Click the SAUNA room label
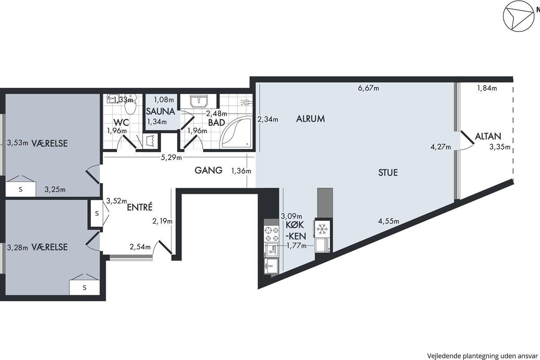click(x=160, y=111)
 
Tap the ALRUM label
click(x=310, y=119)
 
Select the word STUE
click(x=388, y=172)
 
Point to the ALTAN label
click(x=488, y=136)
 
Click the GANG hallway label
click(x=208, y=170)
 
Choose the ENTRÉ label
click(x=139, y=207)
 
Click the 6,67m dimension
click(x=369, y=88)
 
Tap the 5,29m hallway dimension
click(x=171, y=157)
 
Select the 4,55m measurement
click(x=388, y=221)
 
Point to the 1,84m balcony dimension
click(x=487, y=88)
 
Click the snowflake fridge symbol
click(x=322, y=229)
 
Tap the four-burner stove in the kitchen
click(x=271, y=234)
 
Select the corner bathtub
click(x=237, y=132)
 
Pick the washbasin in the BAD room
click(x=199, y=101)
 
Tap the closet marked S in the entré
click(x=96, y=214)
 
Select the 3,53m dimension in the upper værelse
click(x=18, y=143)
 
